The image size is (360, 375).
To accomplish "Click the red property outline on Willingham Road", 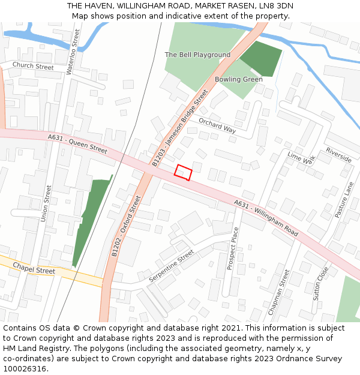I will click(x=183, y=172).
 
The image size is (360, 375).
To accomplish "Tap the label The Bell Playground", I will click(x=197, y=55).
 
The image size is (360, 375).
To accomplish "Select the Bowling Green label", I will click(x=239, y=79).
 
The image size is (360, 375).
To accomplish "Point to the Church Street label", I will click(x=33, y=67).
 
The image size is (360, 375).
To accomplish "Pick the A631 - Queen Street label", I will click(x=77, y=144).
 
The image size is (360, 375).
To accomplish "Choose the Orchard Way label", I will click(x=217, y=125).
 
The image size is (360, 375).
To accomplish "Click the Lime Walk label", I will click(x=301, y=158).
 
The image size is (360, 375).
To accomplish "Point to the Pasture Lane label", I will click(x=344, y=200).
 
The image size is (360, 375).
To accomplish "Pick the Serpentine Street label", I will click(x=171, y=266).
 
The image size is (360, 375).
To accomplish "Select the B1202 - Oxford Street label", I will click(x=125, y=226).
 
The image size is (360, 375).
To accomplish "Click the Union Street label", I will click(x=46, y=203).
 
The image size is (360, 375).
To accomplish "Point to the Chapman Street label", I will click(x=279, y=292).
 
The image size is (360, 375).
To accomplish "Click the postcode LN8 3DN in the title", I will click(x=277, y=5).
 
